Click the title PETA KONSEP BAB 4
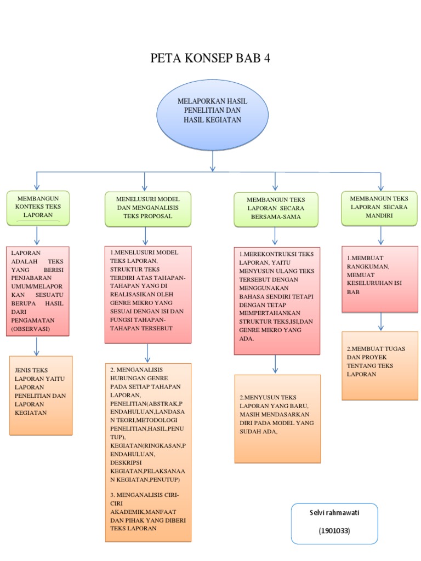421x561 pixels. tap(210, 58)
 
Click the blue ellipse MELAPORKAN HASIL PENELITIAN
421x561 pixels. tap(212, 115)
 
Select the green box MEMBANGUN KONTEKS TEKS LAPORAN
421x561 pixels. tap(38, 208)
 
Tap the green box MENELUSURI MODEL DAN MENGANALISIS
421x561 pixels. tap(148, 209)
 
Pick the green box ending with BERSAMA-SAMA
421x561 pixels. tap(276, 210)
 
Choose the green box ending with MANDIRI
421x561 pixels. tap(379, 208)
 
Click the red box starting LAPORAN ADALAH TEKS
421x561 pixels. tap(38, 291)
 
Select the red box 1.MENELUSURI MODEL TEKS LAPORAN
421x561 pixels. tap(148, 295)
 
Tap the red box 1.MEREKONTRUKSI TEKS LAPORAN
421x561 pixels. tap(277, 301)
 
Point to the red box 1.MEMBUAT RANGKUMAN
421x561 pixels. tap(380, 279)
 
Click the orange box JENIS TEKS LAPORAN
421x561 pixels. tap(41, 396)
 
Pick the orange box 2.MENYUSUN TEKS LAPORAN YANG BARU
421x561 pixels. tap(277, 419)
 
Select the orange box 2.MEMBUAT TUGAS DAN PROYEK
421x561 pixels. tap(380, 365)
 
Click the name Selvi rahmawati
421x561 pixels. tap(334, 513)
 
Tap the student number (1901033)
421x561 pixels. tap(334, 530)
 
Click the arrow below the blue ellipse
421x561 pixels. tap(213, 161)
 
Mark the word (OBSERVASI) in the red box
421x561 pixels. tap(31, 329)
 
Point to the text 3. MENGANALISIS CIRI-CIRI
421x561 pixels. tap(144, 499)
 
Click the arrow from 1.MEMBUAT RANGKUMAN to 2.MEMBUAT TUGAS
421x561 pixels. tap(381, 322)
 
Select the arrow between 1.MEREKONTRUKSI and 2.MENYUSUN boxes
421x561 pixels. tap(275, 364)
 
